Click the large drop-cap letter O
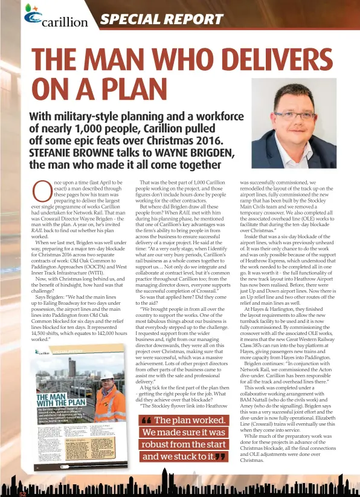click(x=42, y=192)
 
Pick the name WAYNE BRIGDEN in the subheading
click(x=211, y=152)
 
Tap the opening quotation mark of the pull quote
click(x=145, y=404)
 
